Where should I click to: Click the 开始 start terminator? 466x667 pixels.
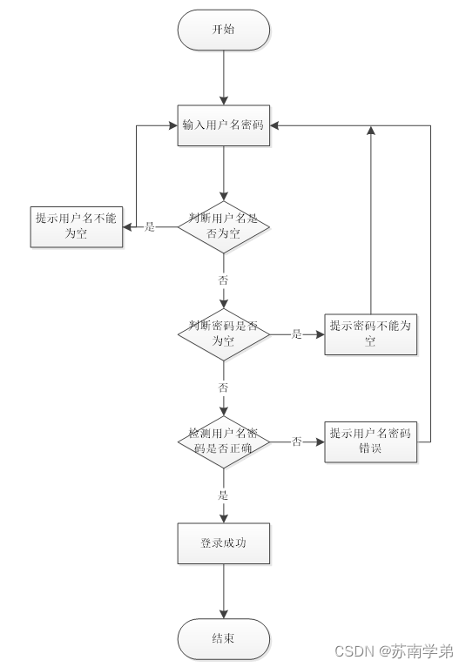tap(224, 30)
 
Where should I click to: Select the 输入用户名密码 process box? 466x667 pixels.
tap(224, 125)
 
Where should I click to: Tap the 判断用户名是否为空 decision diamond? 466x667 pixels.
tap(224, 226)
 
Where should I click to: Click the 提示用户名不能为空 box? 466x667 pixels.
tap(76, 226)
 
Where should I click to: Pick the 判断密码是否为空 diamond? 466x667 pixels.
tap(224, 333)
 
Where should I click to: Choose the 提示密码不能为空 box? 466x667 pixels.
tap(370, 333)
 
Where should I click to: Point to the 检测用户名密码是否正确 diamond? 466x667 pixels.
tap(224, 441)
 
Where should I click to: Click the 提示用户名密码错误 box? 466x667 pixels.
tap(370, 441)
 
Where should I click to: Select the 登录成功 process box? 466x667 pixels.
tap(224, 543)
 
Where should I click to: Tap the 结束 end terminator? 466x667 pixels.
tap(224, 638)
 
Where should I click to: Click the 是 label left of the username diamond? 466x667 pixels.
tap(149, 227)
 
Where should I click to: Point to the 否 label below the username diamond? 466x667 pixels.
tap(224, 280)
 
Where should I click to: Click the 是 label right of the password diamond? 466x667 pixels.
tap(296, 333)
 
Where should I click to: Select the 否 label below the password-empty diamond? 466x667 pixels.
tap(224, 387)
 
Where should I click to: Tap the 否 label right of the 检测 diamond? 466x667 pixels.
tap(296, 441)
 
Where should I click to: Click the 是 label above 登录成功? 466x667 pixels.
tap(224, 495)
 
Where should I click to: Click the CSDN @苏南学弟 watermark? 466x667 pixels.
tap(406, 650)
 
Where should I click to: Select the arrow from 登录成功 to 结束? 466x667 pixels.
tap(224, 592)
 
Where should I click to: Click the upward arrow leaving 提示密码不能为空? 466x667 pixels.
tap(371, 218)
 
